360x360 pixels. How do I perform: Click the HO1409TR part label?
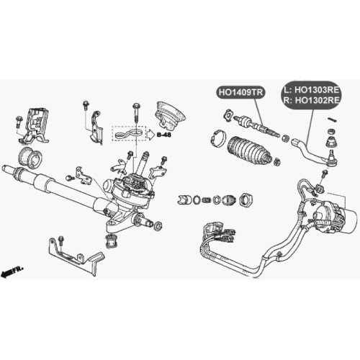coord(240,92)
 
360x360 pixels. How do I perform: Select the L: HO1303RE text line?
coord(312,90)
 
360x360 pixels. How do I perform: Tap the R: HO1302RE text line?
coord(312,100)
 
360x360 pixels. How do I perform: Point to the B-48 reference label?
coord(164,135)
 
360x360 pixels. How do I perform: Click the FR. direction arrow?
coord(12,271)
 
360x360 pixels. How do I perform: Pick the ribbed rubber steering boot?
coord(249,150)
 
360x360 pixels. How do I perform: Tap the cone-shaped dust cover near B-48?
coord(171,117)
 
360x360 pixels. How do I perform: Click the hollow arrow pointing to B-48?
coord(150,135)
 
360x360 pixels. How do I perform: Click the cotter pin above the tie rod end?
coord(333,120)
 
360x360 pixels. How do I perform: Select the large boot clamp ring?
coord(219,138)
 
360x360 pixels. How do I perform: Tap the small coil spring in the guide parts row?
coord(206,199)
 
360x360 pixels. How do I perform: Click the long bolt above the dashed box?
coord(137,113)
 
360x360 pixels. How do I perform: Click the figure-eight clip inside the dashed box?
coord(129,134)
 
